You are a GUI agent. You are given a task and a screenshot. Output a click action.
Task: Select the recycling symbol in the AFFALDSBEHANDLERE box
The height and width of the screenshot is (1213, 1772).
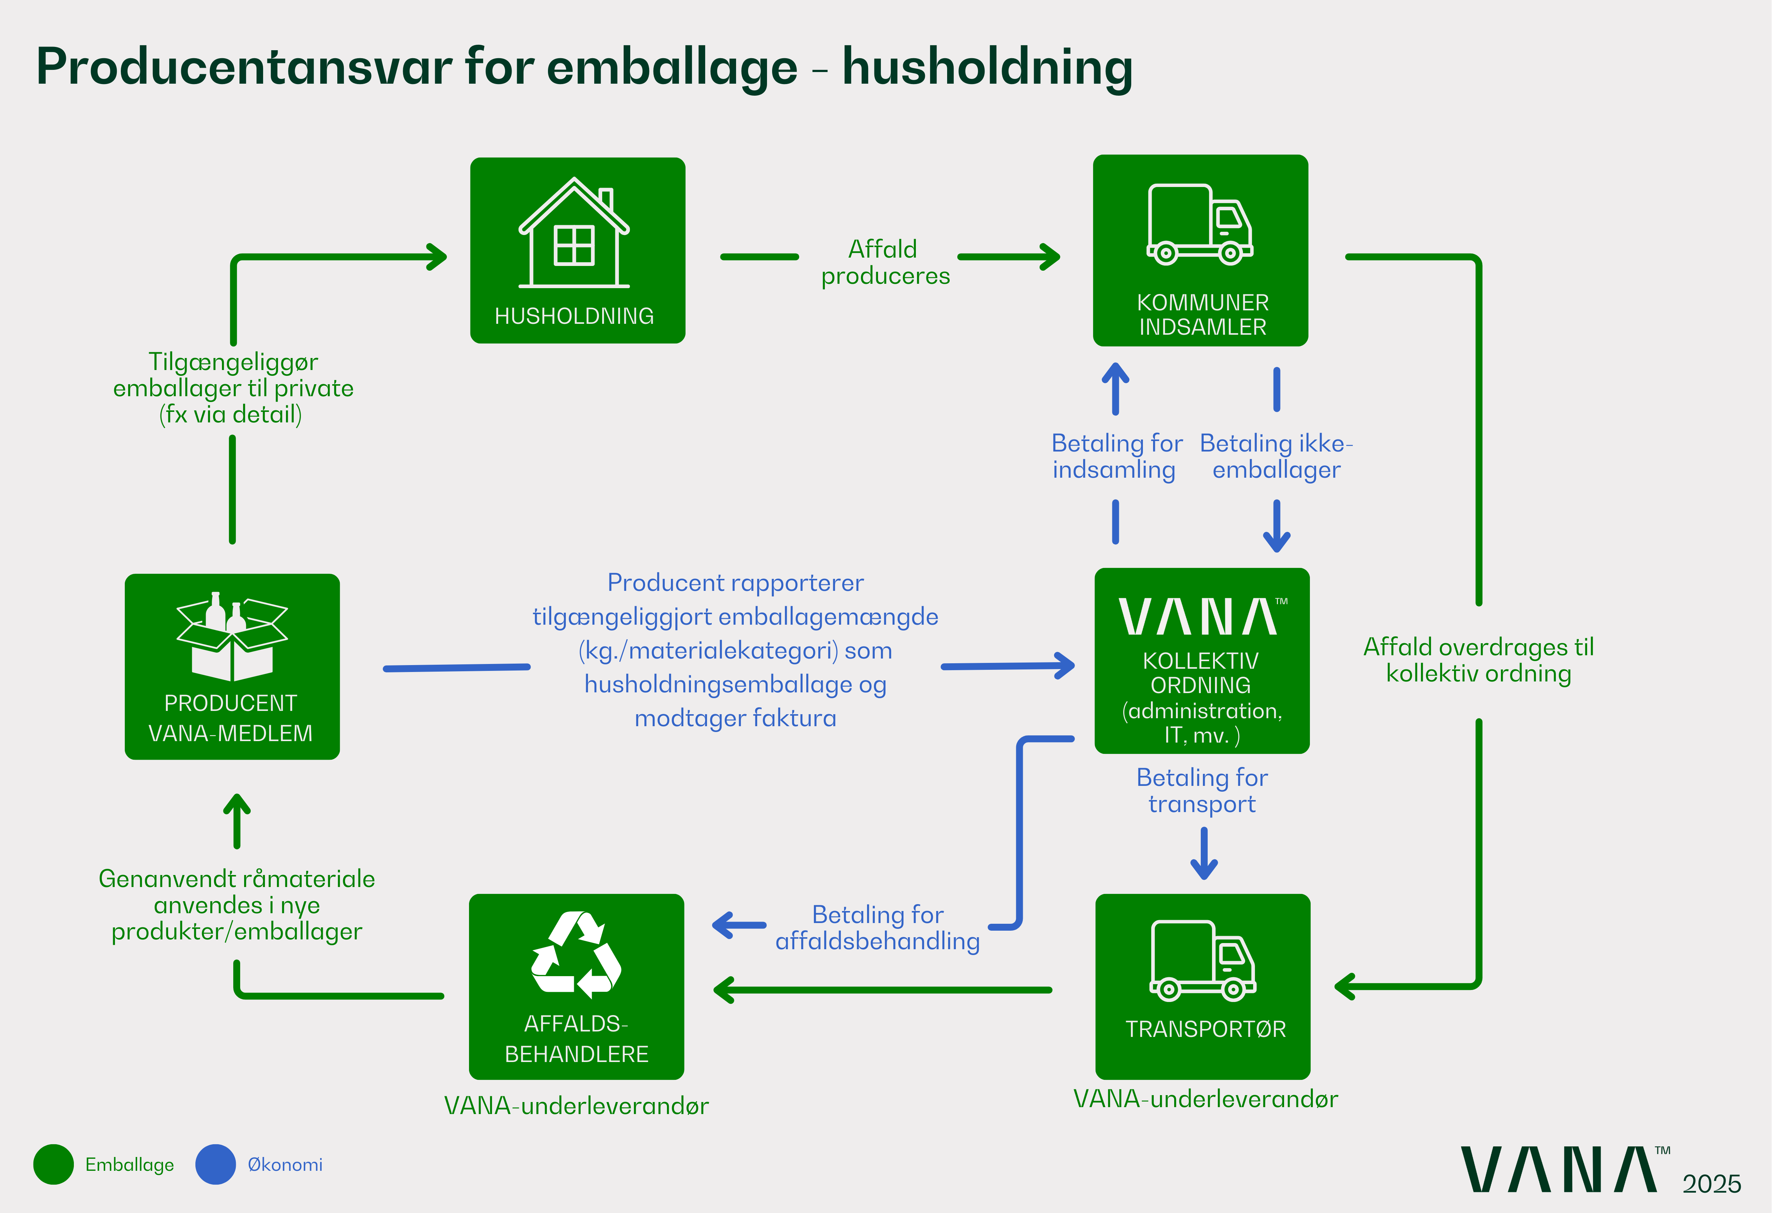576,955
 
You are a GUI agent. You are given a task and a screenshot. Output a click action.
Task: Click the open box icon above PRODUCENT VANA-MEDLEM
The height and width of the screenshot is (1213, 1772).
232,637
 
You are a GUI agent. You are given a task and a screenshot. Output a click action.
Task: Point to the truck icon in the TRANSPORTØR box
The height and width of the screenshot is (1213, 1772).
1203,961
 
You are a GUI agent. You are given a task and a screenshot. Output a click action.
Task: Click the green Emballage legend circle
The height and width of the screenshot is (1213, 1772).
53,1164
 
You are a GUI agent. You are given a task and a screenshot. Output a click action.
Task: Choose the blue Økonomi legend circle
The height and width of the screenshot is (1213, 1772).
216,1164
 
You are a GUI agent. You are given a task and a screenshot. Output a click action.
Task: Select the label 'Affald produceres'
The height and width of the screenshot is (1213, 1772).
885,262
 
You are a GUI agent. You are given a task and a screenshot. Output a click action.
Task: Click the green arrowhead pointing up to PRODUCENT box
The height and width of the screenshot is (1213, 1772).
237,803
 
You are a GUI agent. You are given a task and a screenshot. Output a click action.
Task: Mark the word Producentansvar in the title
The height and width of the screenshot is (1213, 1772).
244,67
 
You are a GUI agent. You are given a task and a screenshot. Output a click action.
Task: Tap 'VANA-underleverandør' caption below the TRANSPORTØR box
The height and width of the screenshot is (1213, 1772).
1205,1099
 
